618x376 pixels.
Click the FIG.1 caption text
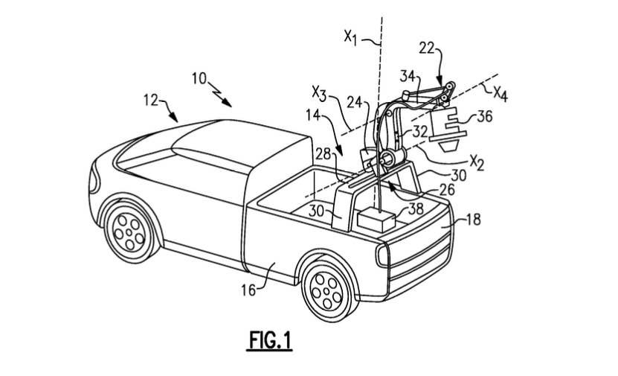click(x=271, y=340)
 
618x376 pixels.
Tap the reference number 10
click(x=199, y=78)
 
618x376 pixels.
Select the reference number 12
click(x=150, y=101)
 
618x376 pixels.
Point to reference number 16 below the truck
click(x=248, y=291)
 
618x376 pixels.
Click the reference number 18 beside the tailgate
click(x=473, y=220)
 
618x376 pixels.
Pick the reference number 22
click(x=426, y=48)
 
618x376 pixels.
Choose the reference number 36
click(x=485, y=116)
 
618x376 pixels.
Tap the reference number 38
click(x=416, y=208)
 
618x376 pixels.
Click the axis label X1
click(x=350, y=37)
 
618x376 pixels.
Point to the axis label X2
click(x=477, y=162)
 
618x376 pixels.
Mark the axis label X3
click(x=319, y=94)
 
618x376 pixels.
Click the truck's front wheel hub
click(x=129, y=232)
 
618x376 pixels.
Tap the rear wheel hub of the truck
click(x=327, y=292)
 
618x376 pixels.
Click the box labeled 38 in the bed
click(x=376, y=220)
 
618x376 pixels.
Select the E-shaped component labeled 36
click(x=448, y=127)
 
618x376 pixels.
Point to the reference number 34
click(x=408, y=76)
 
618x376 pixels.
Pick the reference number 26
click(x=447, y=190)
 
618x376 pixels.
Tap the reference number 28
click(x=323, y=154)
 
